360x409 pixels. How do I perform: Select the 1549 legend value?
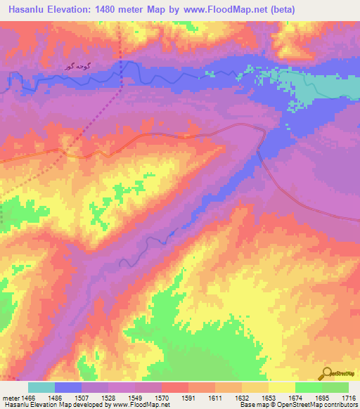coord(135,397)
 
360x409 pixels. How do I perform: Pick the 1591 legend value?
coord(188,397)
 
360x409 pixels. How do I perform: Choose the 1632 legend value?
coord(241,397)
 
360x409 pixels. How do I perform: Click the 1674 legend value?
coord(295,397)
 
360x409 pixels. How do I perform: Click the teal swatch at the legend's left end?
coord(41,387)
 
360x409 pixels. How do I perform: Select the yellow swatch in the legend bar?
coord(281,387)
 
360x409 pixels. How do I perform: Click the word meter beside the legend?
coord(11,397)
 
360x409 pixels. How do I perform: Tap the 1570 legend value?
coord(162,397)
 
